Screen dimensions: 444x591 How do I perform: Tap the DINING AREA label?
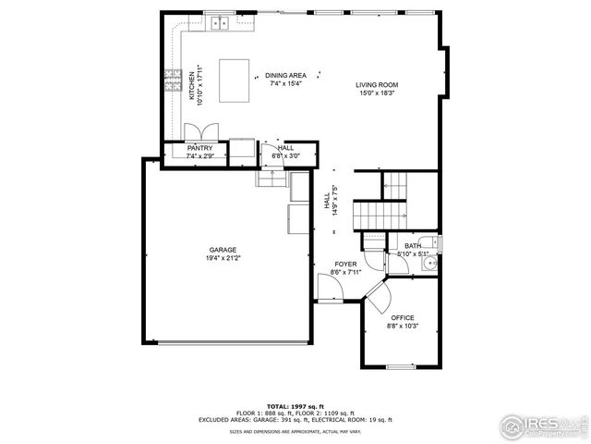pos(285,76)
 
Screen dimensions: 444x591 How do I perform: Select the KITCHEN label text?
pos(192,85)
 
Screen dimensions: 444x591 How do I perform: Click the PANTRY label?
pos(199,148)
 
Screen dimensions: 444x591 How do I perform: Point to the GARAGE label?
pos(223,250)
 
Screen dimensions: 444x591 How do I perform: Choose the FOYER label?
pos(345,265)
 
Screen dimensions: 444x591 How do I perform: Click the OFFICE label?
pos(403,317)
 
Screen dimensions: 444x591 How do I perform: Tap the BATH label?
pos(412,246)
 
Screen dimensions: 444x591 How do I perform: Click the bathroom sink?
pos(427,264)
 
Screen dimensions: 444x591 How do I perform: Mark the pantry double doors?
pos(200,130)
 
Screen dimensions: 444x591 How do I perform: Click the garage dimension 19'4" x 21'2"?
pos(223,259)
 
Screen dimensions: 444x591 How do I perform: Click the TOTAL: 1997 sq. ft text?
pos(295,406)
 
